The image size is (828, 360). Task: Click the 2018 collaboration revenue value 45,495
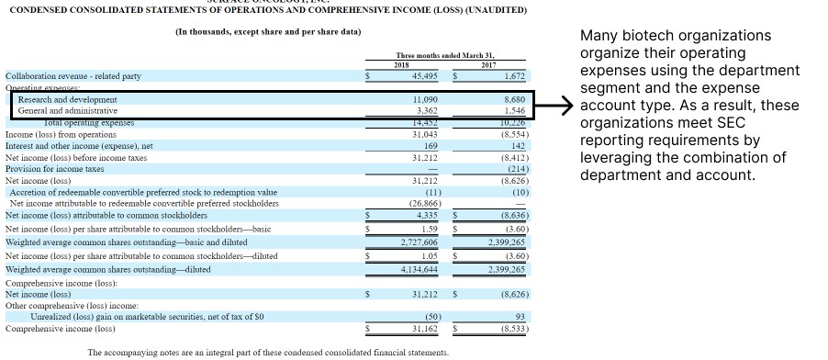click(x=420, y=76)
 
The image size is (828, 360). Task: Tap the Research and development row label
click(x=68, y=99)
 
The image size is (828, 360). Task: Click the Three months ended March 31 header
click(x=445, y=55)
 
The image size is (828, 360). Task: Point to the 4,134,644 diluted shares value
click(x=420, y=269)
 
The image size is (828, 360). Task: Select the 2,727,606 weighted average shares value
click(x=420, y=241)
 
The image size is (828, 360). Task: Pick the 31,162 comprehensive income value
click(x=423, y=327)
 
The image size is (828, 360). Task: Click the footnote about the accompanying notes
click(x=267, y=353)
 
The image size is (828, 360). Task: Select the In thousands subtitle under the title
click(x=267, y=31)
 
